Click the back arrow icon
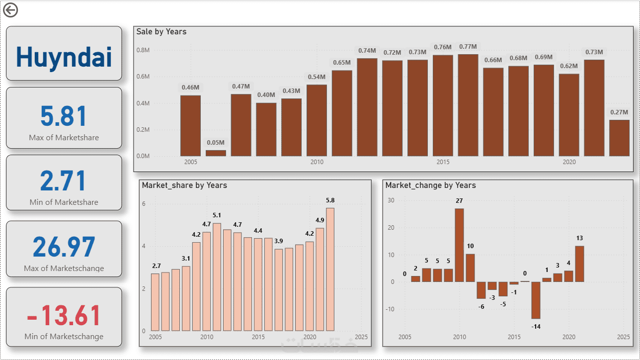(x=10, y=10)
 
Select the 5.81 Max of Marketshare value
(x=64, y=116)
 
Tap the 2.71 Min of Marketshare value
(x=64, y=181)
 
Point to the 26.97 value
(x=64, y=247)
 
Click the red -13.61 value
(x=64, y=315)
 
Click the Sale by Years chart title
(x=161, y=32)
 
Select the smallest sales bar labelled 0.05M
(x=216, y=153)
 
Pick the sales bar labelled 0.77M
(x=468, y=105)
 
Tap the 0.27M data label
(x=619, y=112)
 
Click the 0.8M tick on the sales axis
(x=143, y=50)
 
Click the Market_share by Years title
(x=184, y=185)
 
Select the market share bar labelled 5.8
(x=330, y=269)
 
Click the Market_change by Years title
(x=430, y=185)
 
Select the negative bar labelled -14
(x=536, y=300)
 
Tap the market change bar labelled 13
(x=579, y=264)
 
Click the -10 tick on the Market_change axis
(x=391, y=309)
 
